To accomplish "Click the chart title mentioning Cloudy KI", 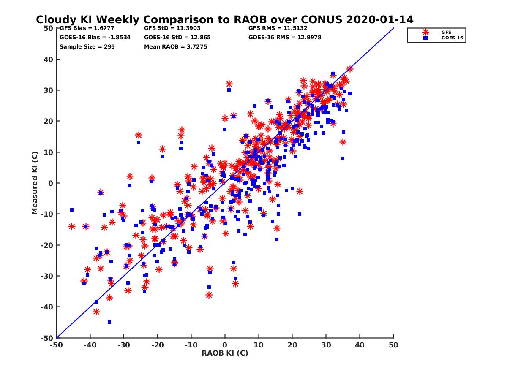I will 224,20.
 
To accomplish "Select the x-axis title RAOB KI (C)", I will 225,353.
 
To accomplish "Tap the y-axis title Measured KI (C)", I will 35,183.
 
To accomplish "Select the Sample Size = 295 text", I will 87,46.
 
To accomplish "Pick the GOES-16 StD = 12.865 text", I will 177,37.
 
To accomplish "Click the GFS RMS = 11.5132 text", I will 278,29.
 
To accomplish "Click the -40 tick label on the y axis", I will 46,307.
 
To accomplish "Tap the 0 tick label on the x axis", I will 225,345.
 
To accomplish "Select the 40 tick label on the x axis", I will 360,345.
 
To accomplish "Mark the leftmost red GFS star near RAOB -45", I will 72,227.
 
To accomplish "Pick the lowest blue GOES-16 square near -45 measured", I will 109,322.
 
